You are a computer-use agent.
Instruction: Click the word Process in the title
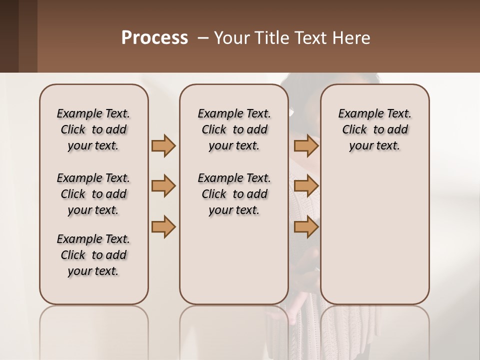click(154, 38)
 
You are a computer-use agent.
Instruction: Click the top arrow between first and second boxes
click(163, 145)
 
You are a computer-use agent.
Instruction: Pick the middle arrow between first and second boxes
click(163, 186)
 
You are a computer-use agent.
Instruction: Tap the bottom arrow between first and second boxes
click(163, 227)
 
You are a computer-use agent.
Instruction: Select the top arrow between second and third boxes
click(306, 145)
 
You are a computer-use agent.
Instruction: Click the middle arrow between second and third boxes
click(306, 186)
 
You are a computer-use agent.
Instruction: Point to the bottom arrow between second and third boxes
click(306, 227)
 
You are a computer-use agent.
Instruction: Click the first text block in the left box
click(93, 129)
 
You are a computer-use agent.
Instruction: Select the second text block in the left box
click(93, 194)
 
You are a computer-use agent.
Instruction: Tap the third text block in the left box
click(93, 255)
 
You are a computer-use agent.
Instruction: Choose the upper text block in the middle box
click(234, 129)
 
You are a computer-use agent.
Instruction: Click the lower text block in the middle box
click(234, 194)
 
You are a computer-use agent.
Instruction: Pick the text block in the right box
click(375, 129)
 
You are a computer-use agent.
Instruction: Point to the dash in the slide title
click(202, 38)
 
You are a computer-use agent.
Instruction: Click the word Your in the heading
click(228, 38)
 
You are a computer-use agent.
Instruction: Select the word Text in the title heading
click(305, 38)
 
